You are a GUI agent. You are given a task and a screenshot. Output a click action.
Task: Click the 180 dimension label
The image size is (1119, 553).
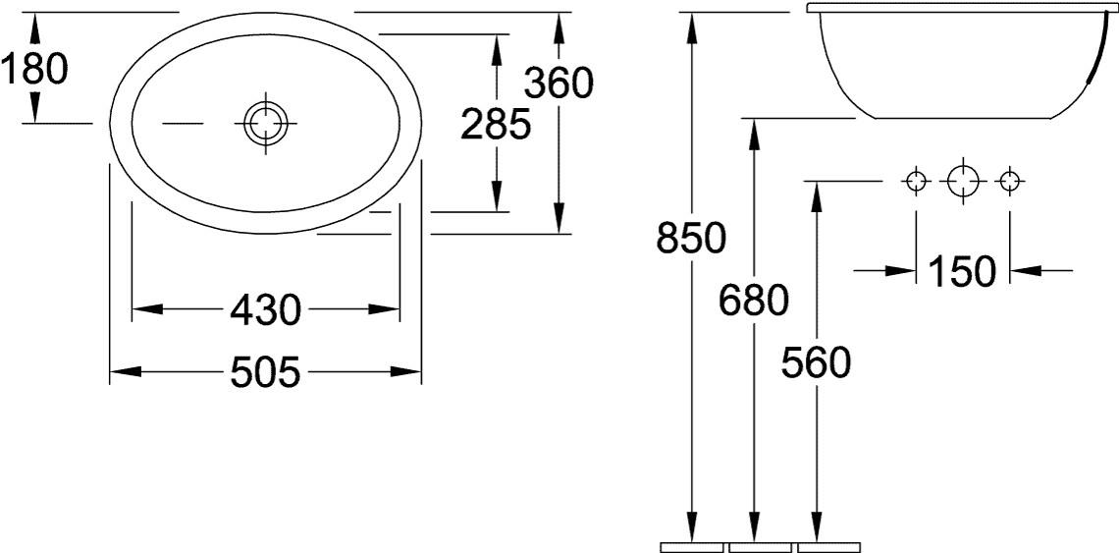[34, 70]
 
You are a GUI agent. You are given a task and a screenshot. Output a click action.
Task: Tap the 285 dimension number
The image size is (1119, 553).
[496, 124]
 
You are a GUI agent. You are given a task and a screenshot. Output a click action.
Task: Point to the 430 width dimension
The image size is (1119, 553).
[266, 310]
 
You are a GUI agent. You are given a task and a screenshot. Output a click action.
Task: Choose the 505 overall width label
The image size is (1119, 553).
[265, 372]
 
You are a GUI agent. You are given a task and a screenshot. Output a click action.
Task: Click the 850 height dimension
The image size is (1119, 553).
[691, 238]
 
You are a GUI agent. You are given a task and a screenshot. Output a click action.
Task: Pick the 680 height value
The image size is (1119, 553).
[754, 301]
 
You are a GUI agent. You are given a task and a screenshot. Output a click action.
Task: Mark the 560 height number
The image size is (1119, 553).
[816, 362]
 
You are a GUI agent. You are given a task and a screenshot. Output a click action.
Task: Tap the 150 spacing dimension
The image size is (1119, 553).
[961, 271]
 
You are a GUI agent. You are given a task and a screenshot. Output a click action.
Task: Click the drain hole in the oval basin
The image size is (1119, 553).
[265, 123]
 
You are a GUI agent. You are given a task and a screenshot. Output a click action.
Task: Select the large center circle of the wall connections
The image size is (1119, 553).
[963, 181]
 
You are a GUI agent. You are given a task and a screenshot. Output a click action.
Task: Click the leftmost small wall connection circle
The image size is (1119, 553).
[917, 181]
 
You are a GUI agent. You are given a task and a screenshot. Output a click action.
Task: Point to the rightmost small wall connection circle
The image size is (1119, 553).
[1009, 181]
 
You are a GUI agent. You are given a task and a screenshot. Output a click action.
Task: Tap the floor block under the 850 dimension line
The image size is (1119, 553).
[692, 547]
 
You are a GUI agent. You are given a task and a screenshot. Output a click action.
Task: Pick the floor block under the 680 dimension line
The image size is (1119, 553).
[760, 547]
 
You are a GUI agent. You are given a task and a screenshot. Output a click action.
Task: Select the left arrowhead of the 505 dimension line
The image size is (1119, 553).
[125, 372]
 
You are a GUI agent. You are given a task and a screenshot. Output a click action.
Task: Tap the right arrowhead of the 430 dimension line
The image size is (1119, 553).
[384, 309]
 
